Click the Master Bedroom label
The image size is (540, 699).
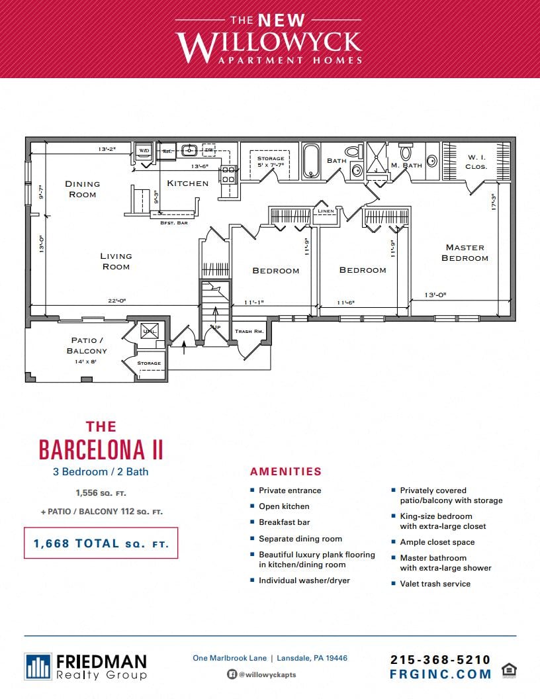click(465, 252)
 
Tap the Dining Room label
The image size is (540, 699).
click(83, 189)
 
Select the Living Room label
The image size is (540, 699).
click(116, 261)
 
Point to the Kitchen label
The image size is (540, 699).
click(187, 183)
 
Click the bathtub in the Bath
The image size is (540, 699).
click(312, 162)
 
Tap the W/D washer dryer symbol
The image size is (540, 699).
click(144, 151)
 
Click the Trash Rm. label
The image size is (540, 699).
click(249, 331)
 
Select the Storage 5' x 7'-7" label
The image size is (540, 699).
click(271, 162)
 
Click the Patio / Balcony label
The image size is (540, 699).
click(87, 346)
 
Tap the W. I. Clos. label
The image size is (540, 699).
click(476, 162)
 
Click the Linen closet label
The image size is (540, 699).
click(326, 211)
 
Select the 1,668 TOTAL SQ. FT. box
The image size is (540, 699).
click(101, 543)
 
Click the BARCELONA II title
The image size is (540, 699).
click(101, 449)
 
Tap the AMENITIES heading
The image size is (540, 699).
click(285, 472)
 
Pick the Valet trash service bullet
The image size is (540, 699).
click(435, 584)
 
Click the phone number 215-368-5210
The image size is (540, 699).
click(440, 659)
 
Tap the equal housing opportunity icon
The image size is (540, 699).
click(509, 670)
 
